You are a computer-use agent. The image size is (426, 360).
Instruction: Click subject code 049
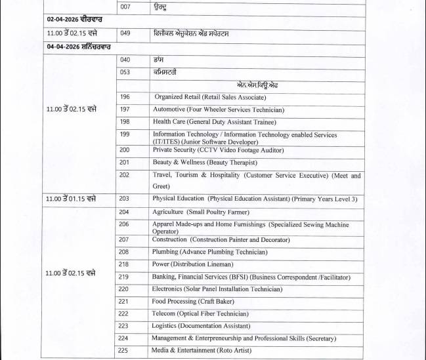click(x=125, y=33)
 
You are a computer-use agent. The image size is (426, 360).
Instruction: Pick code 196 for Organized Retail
click(x=125, y=97)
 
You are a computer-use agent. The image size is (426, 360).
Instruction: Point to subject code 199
click(x=125, y=134)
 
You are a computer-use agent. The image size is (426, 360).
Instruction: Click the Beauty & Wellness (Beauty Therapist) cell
click(x=196, y=162)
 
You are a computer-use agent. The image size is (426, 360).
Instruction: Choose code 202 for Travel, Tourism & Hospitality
click(x=125, y=175)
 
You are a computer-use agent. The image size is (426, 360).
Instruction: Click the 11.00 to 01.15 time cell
click(x=72, y=199)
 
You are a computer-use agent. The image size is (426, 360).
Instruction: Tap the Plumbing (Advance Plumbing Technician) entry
click(x=209, y=252)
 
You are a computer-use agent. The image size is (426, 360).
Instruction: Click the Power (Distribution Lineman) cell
click(x=192, y=264)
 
